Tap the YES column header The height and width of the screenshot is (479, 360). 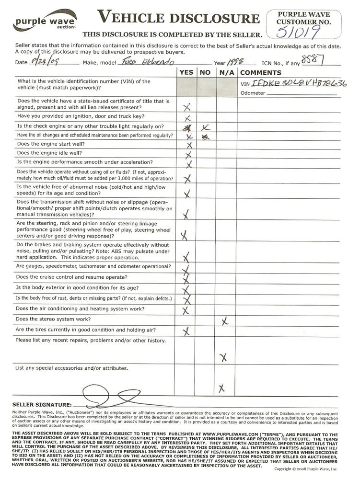coord(186,73)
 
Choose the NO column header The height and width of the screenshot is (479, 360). coord(205,73)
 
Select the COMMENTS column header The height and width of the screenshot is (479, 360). coord(260,73)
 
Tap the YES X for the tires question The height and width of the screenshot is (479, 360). coord(186,331)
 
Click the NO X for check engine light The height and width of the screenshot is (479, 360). coord(205,127)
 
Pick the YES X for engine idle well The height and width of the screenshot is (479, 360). coord(188,155)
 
